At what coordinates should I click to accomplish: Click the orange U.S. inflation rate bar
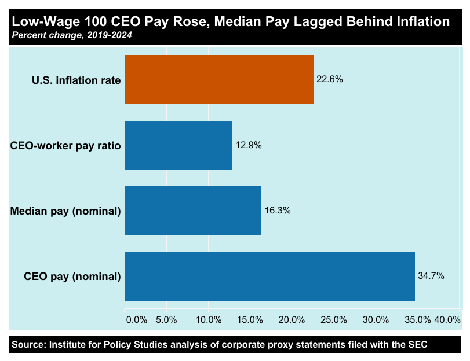219,80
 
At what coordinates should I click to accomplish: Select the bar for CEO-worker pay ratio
178,145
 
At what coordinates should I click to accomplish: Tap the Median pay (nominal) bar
193,211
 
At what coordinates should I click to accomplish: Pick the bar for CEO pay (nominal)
269,276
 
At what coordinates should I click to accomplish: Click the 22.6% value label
330,80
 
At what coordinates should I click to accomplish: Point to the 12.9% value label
249,145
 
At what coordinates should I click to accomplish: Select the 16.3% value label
278,211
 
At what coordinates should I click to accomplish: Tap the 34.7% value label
431,276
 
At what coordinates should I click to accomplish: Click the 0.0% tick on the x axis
136,320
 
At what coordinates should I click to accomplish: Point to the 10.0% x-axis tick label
209,320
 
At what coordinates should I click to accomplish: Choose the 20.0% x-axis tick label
292,320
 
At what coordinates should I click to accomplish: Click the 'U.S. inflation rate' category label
76,80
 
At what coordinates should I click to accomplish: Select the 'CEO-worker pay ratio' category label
65,146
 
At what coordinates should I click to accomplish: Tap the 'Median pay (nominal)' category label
65,211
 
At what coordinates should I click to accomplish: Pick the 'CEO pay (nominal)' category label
72,277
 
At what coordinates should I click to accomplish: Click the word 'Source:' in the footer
28,345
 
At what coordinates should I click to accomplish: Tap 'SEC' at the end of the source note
417,345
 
